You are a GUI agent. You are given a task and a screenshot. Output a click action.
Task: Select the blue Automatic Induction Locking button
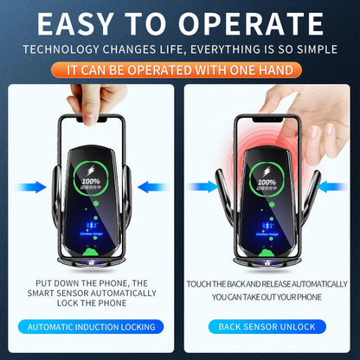91,326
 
